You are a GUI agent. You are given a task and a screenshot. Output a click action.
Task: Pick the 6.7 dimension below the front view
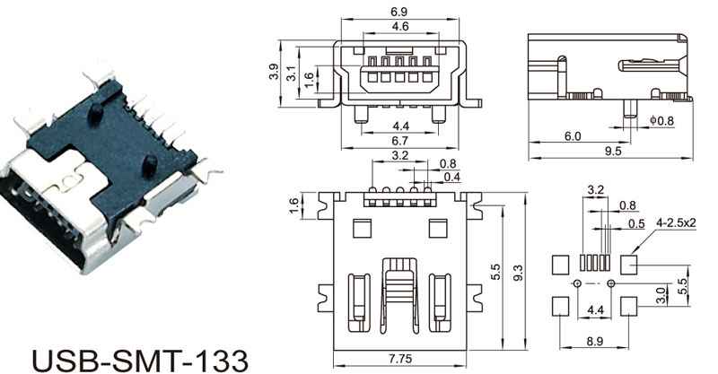tap(401, 142)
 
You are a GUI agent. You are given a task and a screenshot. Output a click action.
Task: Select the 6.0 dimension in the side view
tap(572, 135)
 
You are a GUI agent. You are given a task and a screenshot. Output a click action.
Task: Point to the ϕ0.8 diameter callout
tap(661, 120)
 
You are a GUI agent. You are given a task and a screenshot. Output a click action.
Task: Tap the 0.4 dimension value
tap(453, 177)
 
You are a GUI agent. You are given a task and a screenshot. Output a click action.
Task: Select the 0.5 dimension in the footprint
tap(636, 222)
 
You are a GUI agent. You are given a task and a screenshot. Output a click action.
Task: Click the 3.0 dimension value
tap(661, 294)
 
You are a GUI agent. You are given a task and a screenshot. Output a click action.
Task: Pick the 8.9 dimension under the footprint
tap(593, 342)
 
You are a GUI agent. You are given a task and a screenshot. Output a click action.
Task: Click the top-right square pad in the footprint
tap(629, 265)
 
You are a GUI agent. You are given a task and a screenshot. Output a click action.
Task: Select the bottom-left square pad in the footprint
tap(559, 306)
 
